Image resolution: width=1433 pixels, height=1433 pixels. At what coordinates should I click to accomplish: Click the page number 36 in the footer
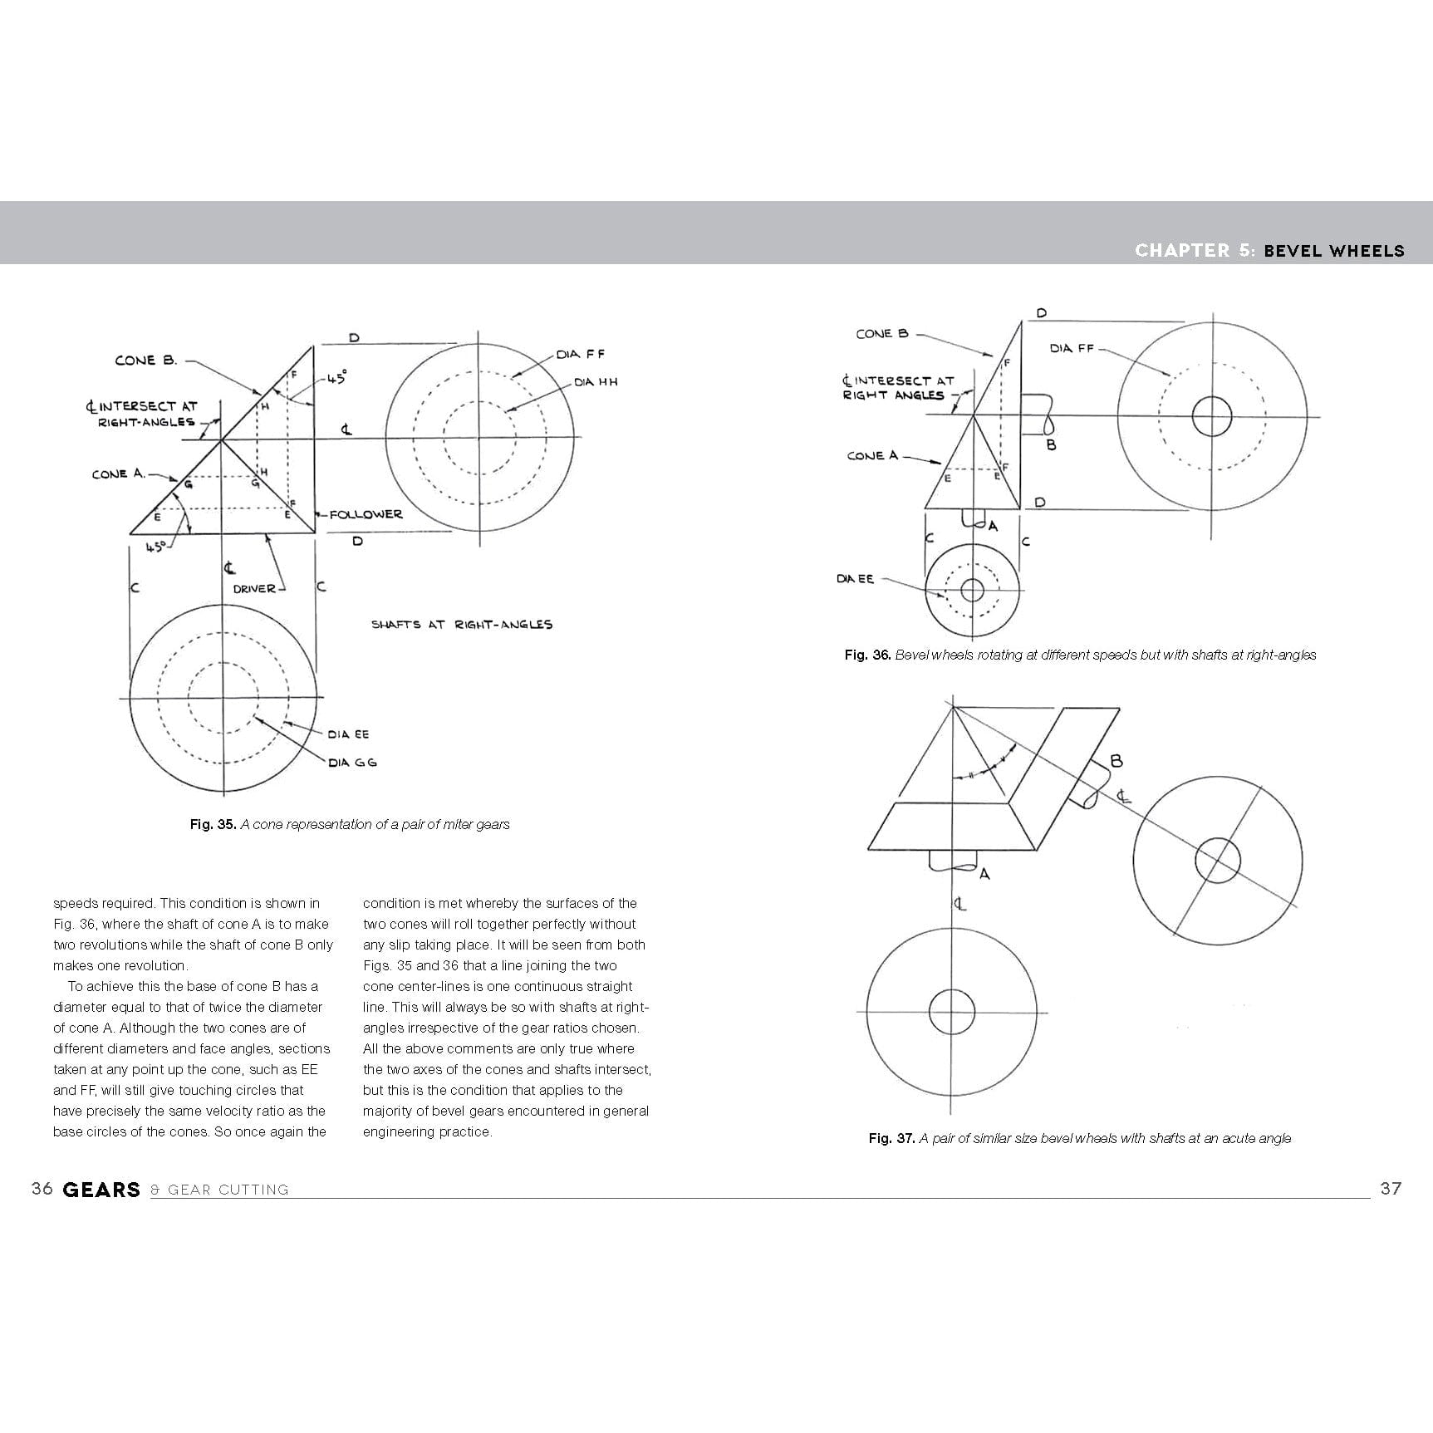[x=42, y=1189]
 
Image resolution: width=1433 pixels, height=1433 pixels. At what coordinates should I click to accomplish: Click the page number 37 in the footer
[x=1391, y=1189]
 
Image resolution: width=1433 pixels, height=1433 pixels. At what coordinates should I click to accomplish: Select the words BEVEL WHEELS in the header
[x=1333, y=251]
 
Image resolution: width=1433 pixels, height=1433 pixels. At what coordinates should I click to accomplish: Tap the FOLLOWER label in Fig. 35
[x=366, y=514]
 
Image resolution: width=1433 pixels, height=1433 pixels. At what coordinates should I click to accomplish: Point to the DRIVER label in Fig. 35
[x=254, y=589]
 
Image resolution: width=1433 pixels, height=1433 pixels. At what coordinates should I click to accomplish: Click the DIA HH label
[x=596, y=382]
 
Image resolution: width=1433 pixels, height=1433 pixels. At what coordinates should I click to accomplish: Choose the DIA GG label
[x=352, y=763]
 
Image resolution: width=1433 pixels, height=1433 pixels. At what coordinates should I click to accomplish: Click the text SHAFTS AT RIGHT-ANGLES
[x=461, y=625]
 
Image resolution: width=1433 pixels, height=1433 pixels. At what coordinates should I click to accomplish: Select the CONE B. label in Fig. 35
[x=146, y=361]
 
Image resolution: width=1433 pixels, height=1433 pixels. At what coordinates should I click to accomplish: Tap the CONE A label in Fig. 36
[x=872, y=456]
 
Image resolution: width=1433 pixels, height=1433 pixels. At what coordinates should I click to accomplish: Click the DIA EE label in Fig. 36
[x=855, y=579]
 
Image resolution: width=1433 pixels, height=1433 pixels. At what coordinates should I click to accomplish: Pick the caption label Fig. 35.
[x=213, y=824]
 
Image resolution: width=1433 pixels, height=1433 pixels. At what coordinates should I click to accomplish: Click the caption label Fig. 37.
[x=891, y=1138]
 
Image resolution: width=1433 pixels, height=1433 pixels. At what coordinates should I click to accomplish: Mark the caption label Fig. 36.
[x=867, y=655]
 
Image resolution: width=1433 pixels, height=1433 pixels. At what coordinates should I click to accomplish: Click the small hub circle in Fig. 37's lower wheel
[x=951, y=1011]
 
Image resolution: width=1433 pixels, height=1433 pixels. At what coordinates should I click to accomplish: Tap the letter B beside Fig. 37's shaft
[x=1116, y=760]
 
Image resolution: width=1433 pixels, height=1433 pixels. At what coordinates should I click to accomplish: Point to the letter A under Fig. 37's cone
[x=984, y=874]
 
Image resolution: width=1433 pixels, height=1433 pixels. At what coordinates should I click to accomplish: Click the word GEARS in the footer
[x=101, y=1190]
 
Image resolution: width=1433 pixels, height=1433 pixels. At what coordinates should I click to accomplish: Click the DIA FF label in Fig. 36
[x=1072, y=348]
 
